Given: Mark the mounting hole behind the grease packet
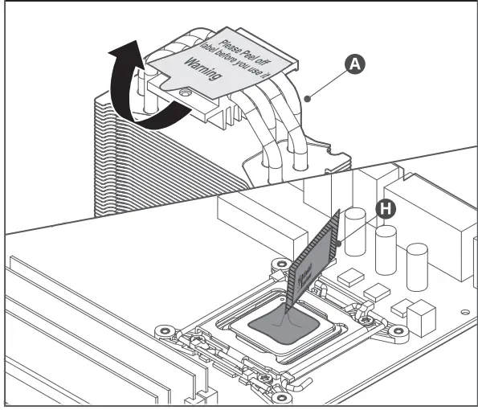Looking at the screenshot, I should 280,264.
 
